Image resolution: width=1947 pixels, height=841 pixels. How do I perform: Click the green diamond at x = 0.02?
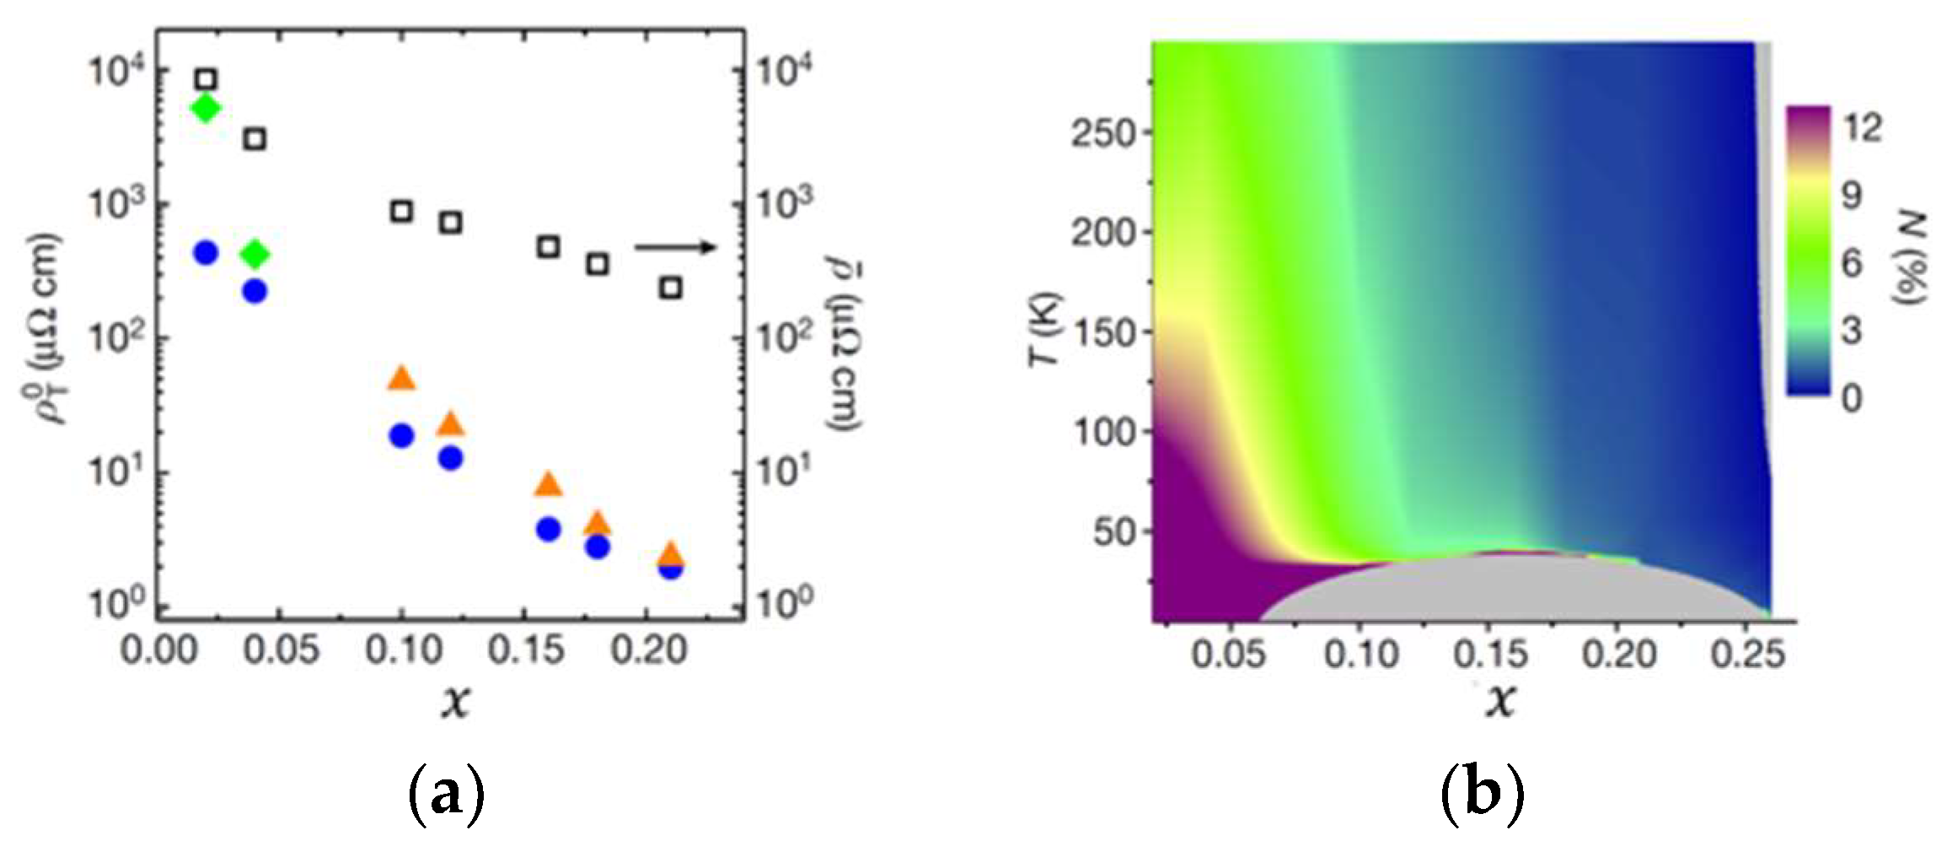[206, 108]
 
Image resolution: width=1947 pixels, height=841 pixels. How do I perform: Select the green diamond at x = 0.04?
[255, 254]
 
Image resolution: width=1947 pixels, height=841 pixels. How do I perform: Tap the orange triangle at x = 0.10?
[402, 379]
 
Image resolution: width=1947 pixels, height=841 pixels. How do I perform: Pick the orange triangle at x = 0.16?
[550, 484]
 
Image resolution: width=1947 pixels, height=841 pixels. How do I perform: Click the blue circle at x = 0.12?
[451, 458]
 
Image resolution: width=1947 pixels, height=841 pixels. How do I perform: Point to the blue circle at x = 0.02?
[206, 252]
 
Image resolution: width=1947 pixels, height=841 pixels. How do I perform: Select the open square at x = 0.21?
[671, 288]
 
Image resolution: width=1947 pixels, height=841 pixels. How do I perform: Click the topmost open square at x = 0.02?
[206, 80]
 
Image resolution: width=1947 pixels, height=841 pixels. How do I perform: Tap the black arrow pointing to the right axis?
[675, 247]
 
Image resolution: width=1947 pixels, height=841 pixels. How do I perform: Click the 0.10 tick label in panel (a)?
[402, 651]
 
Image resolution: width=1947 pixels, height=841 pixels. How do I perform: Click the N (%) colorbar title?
[1911, 258]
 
